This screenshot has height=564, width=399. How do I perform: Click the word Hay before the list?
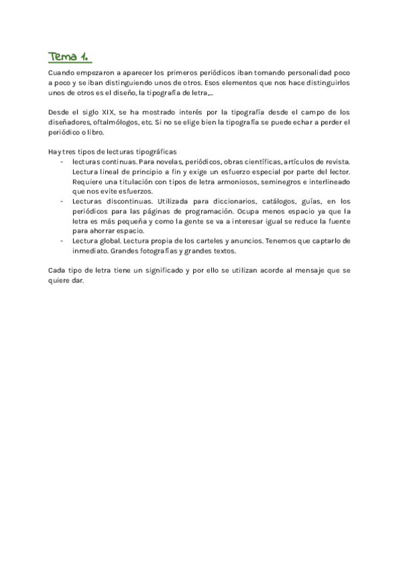(x=55, y=152)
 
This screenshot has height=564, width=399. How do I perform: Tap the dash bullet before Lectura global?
(x=62, y=241)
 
